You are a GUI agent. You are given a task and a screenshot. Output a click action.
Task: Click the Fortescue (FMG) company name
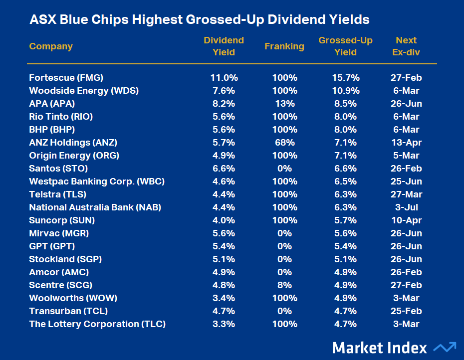[66, 78]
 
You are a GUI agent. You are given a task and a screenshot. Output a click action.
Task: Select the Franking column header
[284, 46]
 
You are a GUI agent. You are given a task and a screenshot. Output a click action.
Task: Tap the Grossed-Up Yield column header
[345, 46]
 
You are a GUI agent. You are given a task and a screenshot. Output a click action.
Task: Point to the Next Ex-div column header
[406, 46]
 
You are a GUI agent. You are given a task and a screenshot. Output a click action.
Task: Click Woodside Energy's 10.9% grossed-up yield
[345, 91]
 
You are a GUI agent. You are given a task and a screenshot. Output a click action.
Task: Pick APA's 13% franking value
[284, 104]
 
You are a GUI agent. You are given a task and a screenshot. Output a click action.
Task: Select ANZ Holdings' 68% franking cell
[284, 143]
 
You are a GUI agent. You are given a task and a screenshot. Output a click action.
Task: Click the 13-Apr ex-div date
[406, 143]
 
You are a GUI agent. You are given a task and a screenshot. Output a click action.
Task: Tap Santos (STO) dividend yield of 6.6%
[224, 169]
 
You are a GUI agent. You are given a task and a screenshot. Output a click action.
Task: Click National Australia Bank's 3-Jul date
[406, 207]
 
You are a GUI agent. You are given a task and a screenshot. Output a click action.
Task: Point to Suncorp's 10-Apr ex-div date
[406, 220]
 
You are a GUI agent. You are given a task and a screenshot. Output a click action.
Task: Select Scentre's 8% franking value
[284, 285]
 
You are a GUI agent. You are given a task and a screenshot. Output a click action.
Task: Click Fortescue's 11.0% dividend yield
[224, 78]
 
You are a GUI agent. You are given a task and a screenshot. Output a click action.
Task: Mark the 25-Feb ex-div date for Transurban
[406, 311]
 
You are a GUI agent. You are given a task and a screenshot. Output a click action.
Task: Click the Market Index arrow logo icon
[445, 347]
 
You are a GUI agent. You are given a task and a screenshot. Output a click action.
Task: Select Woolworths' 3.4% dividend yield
[224, 298]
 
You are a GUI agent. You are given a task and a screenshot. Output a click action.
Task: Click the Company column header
[51, 46]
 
